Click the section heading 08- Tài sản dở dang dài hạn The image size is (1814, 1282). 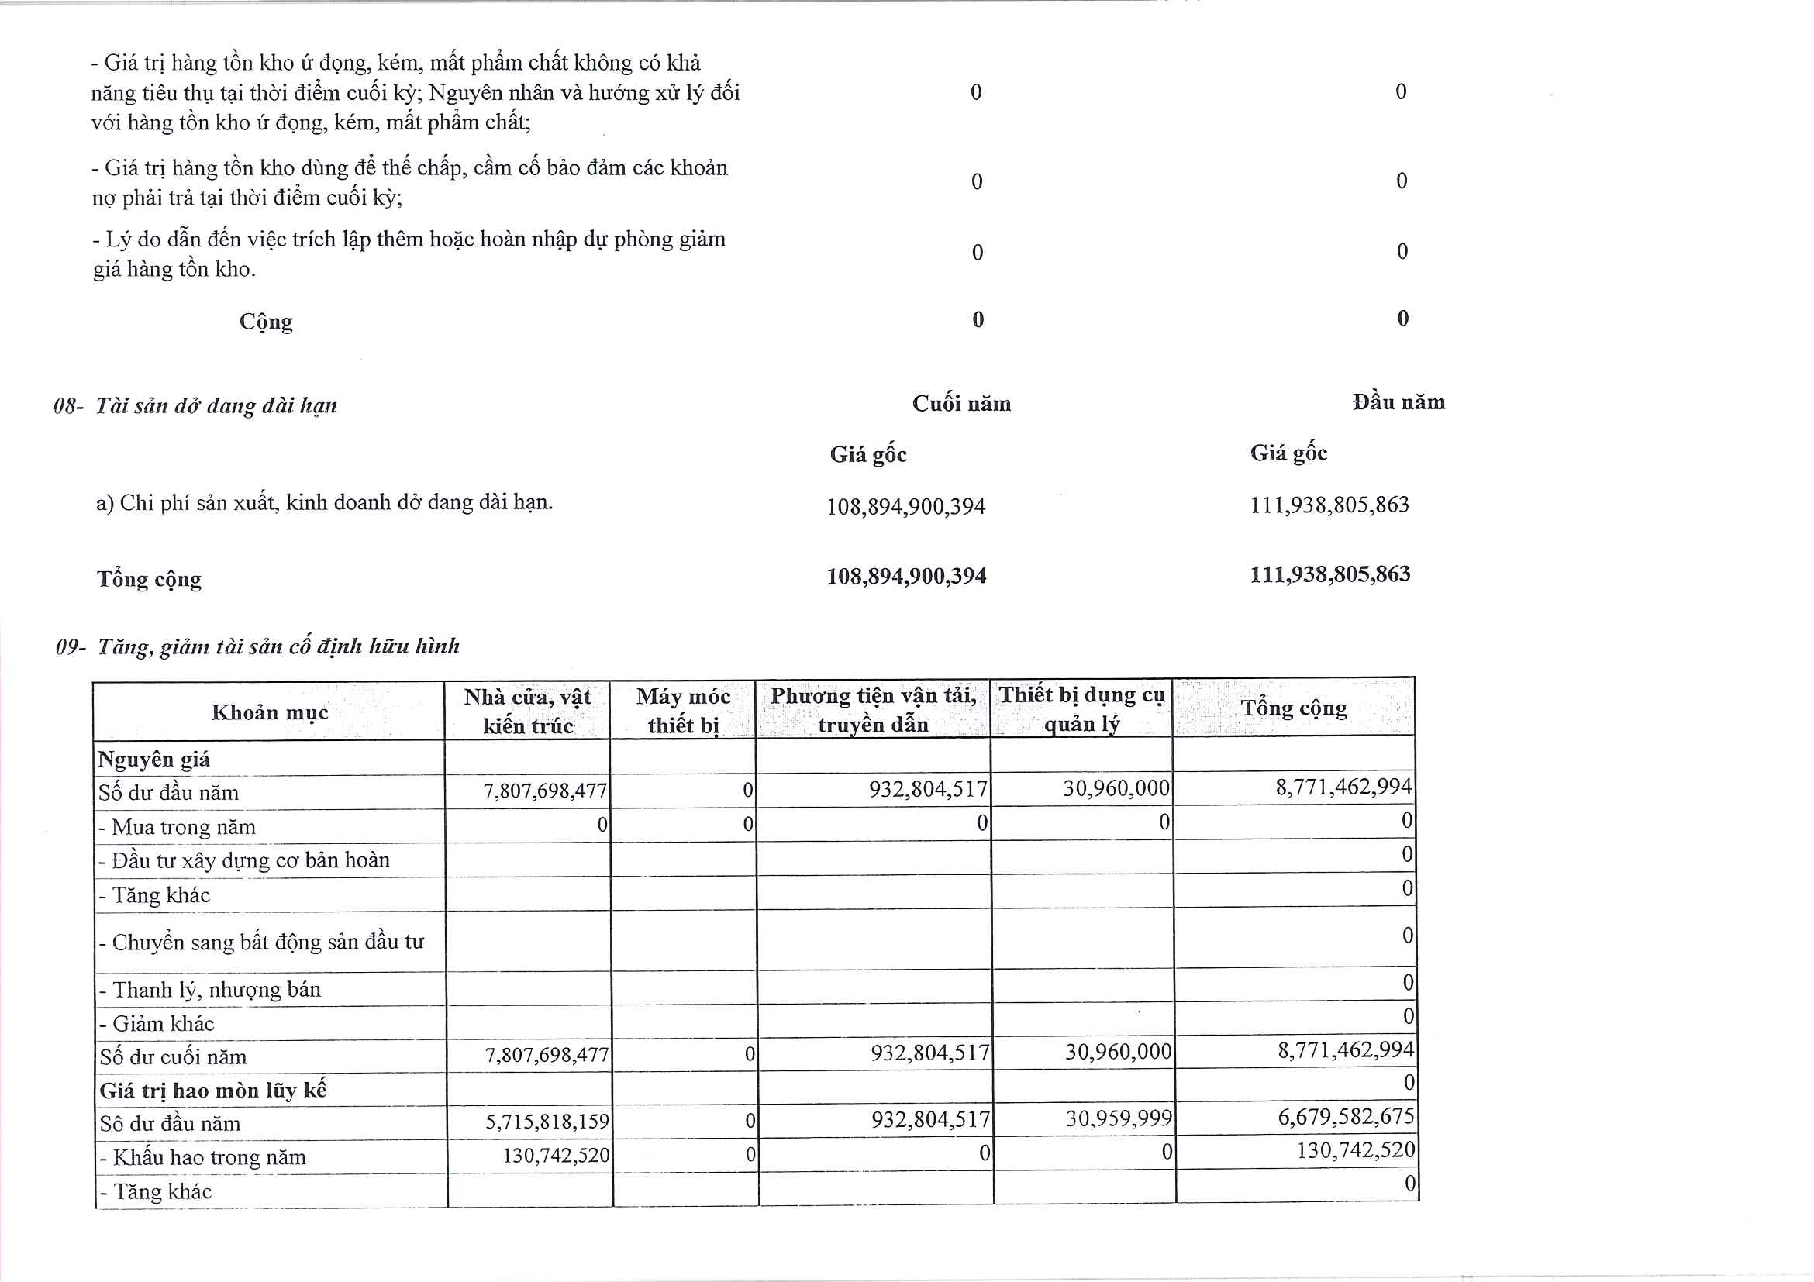tap(195, 406)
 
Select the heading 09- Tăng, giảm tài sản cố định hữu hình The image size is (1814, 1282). tap(257, 647)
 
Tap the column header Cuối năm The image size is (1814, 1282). tap(960, 405)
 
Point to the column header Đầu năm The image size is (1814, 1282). tap(1398, 403)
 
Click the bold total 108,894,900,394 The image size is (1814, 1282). tap(906, 577)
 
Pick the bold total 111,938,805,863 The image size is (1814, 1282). tap(1329, 574)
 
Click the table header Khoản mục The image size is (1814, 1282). tap(270, 712)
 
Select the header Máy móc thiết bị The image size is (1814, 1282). tap(684, 711)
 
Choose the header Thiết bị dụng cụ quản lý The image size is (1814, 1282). tap(1081, 709)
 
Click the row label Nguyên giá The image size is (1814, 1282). tap(154, 760)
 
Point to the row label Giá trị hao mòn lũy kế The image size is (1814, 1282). tap(213, 1091)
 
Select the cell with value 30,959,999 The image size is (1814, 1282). tap(1119, 1118)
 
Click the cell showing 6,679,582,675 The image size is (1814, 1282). tap(1346, 1117)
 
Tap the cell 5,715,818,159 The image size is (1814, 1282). tap(547, 1122)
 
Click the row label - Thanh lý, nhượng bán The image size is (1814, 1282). tap(210, 990)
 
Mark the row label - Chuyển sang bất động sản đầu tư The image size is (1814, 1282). tap(261, 943)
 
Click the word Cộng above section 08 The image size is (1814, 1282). tap(266, 322)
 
